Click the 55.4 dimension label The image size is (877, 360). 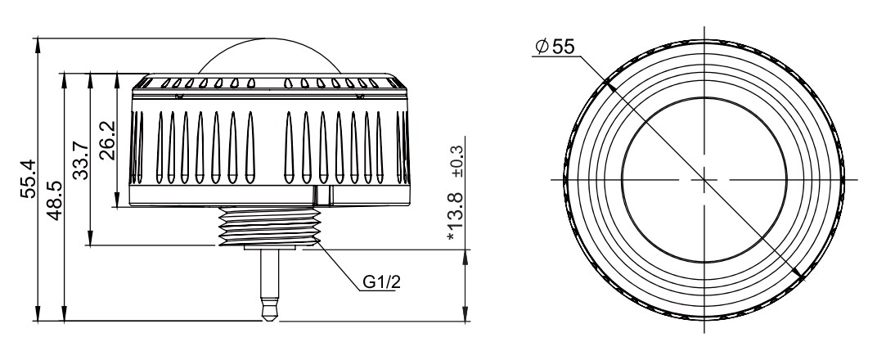(x=29, y=178)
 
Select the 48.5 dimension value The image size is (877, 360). (x=55, y=200)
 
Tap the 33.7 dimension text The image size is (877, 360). (x=82, y=160)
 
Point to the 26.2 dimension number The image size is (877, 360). (x=107, y=141)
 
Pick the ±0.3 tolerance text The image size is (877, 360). (x=457, y=161)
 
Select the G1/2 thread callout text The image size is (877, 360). (x=382, y=282)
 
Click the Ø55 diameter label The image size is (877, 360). (x=555, y=47)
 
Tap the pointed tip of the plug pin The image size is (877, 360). (x=270, y=319)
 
